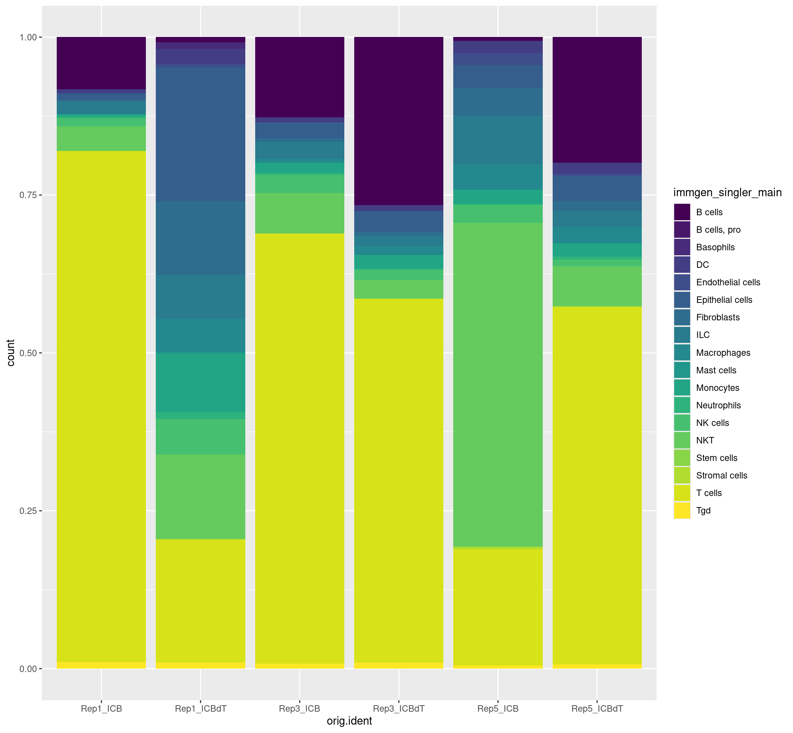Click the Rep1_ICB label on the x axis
(x=101, y=708)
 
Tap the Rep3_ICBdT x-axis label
(x=398, y=708)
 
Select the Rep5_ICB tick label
(x=497, y=708)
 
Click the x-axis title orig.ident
(x=349, y=721)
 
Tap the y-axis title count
(x=11, y=353)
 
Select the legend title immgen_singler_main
(x=727, y=193)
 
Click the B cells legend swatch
(x=681, y=212)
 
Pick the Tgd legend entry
(x=703, y=511)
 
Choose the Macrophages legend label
(x=723, y=353)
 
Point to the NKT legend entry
(x=705, y=440)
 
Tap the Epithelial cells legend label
(x=724, y=300)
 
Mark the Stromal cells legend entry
(x=721, y=475)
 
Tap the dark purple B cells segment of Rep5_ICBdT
(x=597, y=99)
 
